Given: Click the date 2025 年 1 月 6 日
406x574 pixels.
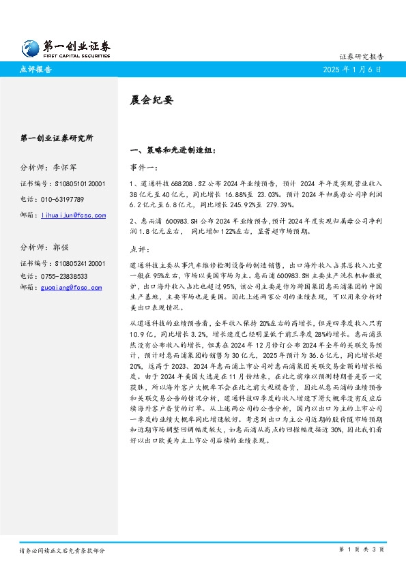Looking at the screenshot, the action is [x=353, y=69].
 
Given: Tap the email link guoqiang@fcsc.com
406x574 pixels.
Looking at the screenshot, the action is [x=72, y=288].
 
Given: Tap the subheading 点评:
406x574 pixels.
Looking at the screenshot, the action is [x=140, y=249].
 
